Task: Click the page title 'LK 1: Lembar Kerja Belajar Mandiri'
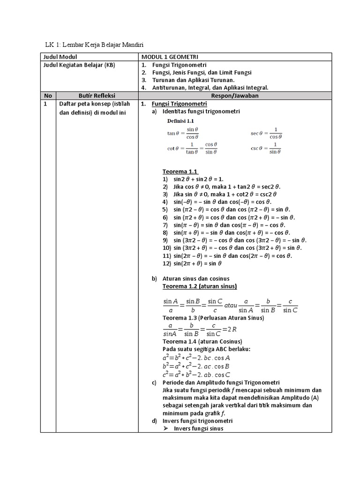click(94, 45)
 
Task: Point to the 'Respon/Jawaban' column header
click(235, 95)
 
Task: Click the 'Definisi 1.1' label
click(180, 121)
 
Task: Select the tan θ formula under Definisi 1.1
click(183, 133)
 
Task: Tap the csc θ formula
click(266, 148)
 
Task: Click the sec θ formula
click(266, 133)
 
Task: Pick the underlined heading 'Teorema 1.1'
click(180, 171)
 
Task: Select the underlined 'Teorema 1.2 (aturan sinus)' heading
click(199, 286)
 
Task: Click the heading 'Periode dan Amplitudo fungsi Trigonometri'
click(221, 382)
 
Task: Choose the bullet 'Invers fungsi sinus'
click(198, 428)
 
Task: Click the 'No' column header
click(48, 95)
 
